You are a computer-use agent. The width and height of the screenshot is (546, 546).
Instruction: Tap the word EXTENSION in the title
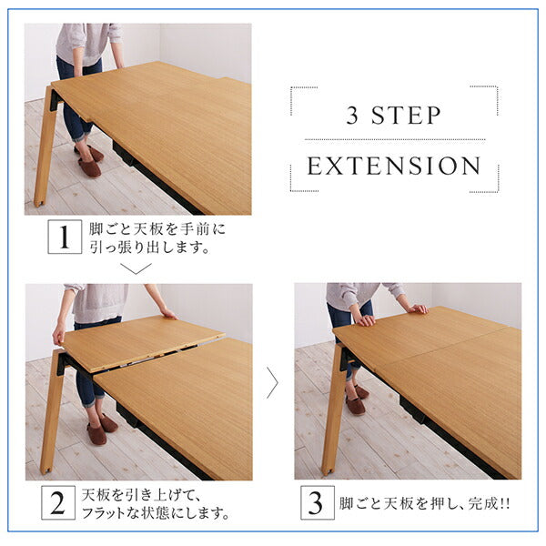[394, 167]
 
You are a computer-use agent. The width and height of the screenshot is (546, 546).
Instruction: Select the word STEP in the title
[409, 116]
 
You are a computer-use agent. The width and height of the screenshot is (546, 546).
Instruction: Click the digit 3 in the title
[355, 116]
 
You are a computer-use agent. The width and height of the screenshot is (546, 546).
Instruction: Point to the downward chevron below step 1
[136, 268]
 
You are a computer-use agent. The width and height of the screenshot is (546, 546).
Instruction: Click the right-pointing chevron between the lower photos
[271, 382]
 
